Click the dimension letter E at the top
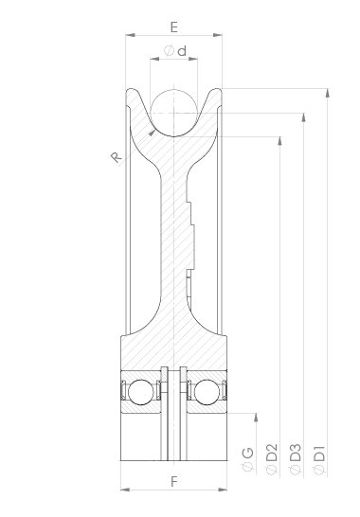point(174,27)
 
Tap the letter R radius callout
point(116,157)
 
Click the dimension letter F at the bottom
point(174,482)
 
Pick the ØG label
point(248,459)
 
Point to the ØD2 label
point(272,459)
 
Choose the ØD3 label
point(296,459)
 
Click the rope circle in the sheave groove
point(174,113)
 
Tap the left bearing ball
point(141,392)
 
